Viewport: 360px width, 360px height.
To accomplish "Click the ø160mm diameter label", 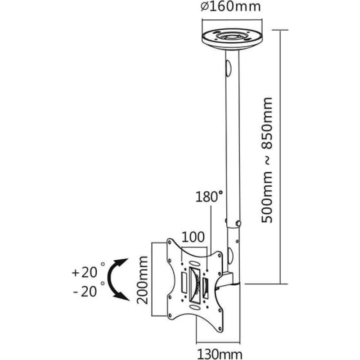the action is tap(230, 6).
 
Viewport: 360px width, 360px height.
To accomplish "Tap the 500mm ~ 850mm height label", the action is tap(267, 160).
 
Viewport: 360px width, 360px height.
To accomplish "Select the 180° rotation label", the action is tap(209, 197).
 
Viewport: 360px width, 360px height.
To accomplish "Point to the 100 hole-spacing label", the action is tap(193, 237).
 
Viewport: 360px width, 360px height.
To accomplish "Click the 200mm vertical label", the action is tap(142, 280).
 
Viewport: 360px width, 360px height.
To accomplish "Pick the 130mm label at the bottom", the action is tap(220, 354).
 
